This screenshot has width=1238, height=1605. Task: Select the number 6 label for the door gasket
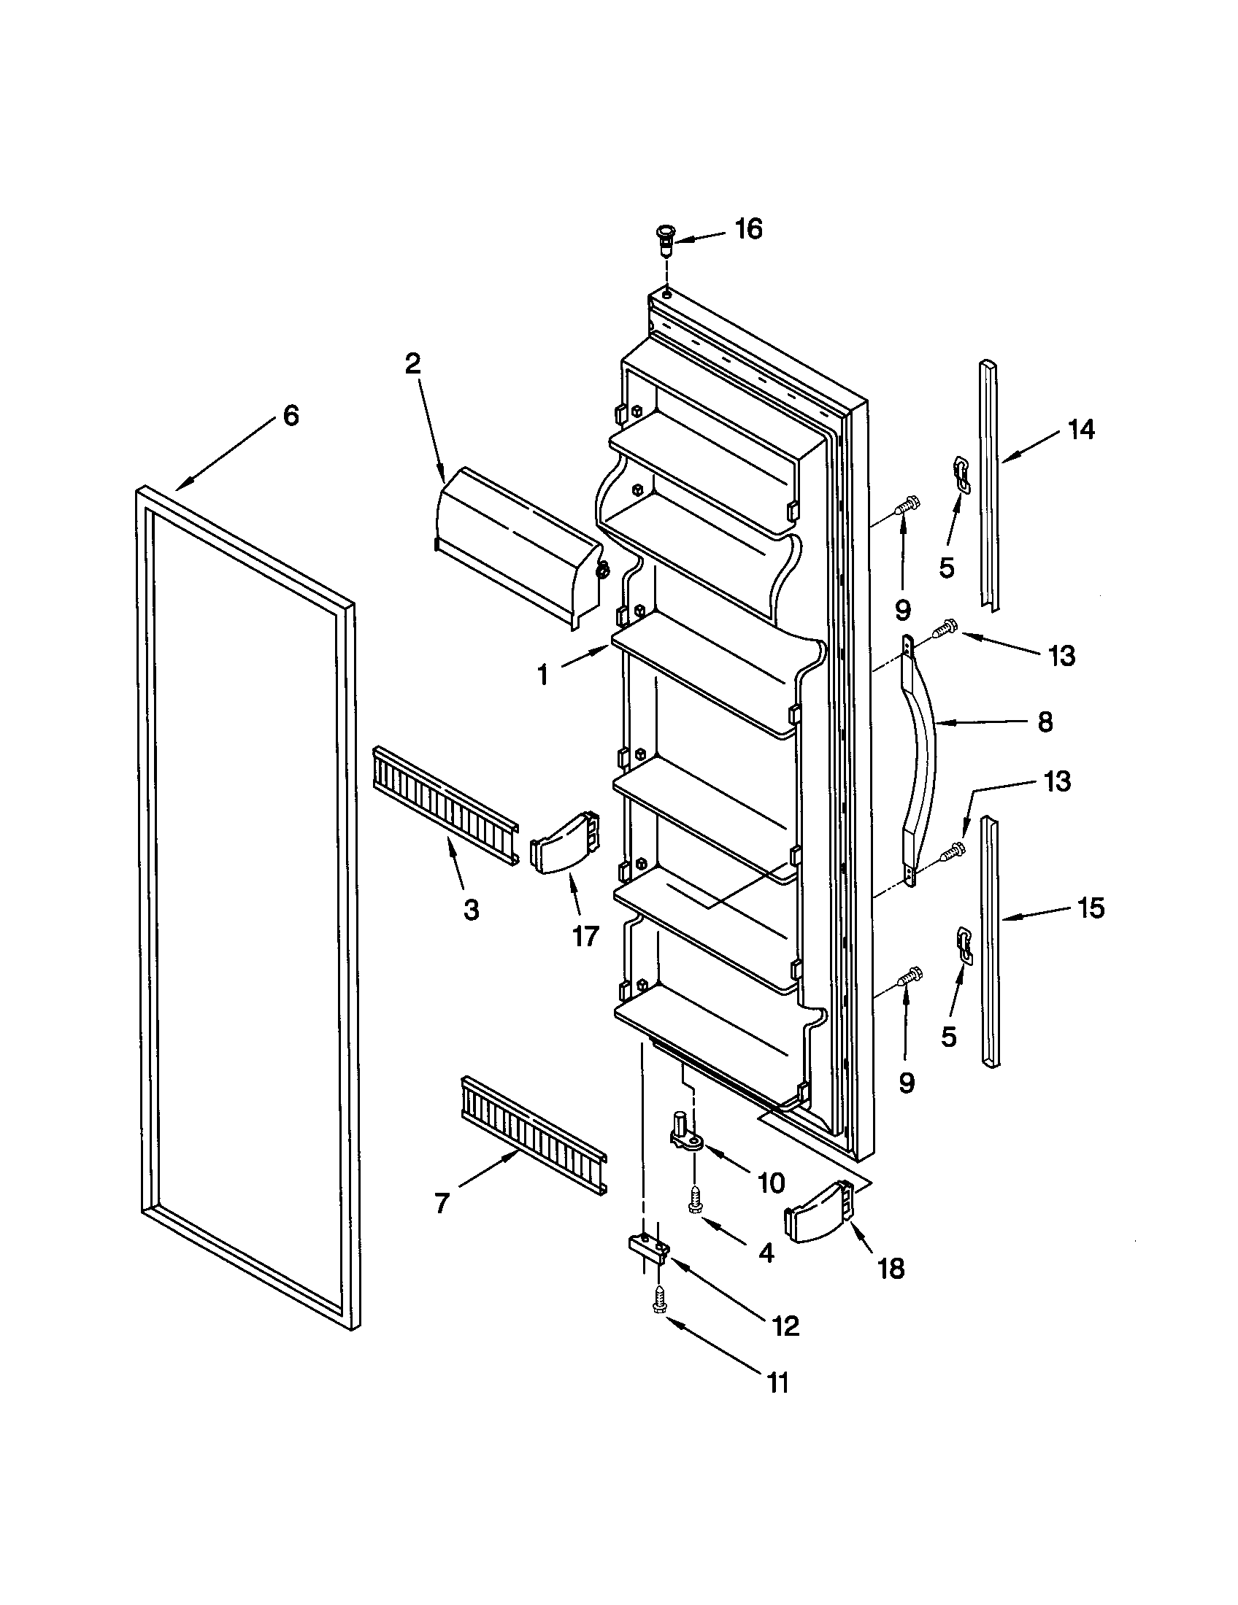point(291,416)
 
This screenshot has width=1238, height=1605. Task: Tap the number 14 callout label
point(1080,429)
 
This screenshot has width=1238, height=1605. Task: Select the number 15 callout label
point(1091,908)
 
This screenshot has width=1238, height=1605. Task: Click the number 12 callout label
point(785,1325)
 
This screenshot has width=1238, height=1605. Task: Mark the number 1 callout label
point(543,675)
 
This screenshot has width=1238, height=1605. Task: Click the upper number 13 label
point(1061,656)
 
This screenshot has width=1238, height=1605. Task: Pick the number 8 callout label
point(1045,722)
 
